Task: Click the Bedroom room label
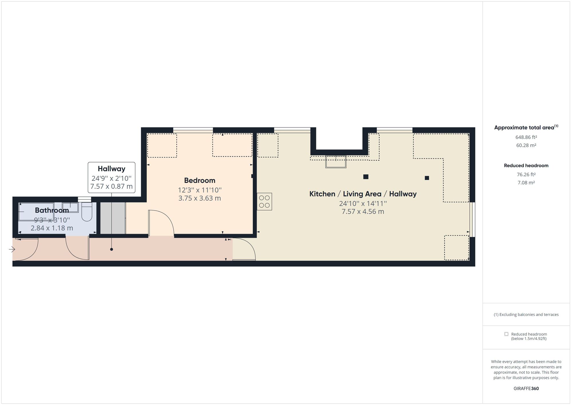tap(200, 180)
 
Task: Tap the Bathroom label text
tap(52, 210)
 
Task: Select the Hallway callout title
tap(112, 169)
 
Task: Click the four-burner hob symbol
tap(264, 202)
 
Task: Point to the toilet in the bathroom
tap(87, 212)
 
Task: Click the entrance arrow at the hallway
tap(12, 249)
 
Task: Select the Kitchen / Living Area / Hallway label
tap(363, 194)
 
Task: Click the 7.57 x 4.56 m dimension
tap(363, 212)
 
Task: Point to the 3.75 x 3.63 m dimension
tap(200, 198)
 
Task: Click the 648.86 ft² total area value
tap(526, 137)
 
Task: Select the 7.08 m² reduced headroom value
tap(526, 182)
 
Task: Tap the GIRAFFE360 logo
tap(526, 388)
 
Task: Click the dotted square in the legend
tap(506, 334)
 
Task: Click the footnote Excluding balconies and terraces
tap(526, 314)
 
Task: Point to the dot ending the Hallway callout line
tap(112, 249)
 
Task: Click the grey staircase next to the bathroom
tap(113, 218)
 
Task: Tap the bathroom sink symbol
tap(70, 207)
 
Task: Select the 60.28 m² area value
tap(526, 145)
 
